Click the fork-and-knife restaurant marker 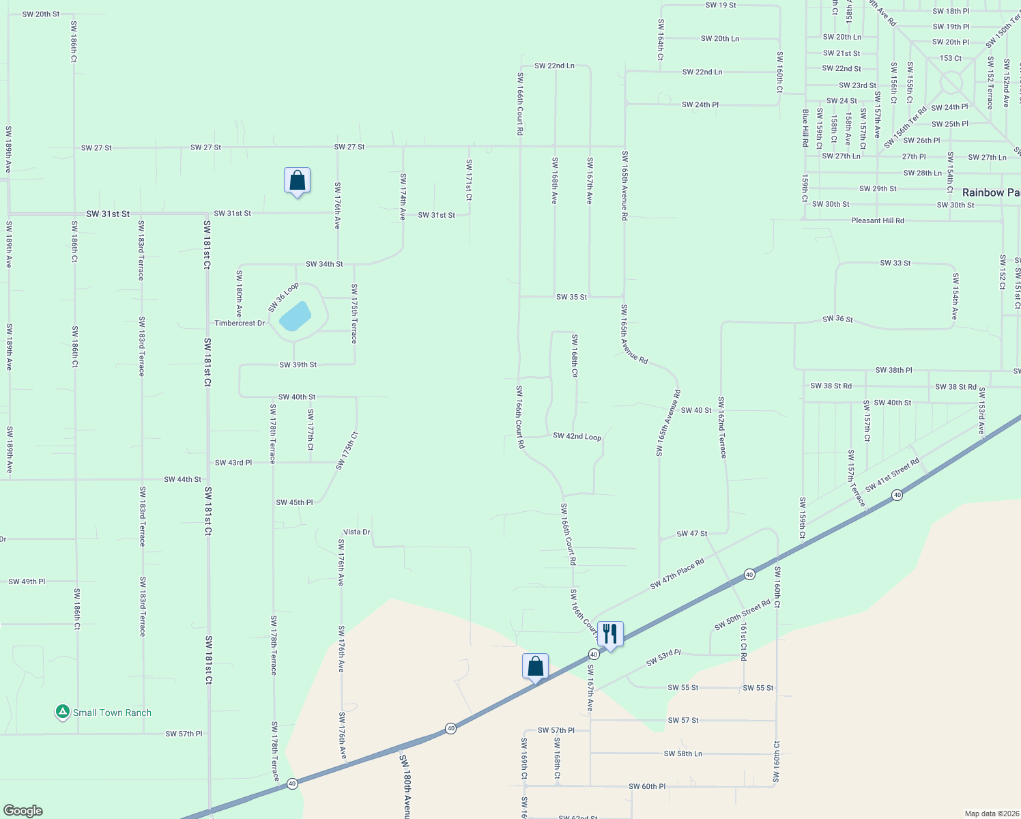(610, 634)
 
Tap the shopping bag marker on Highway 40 (535, 666)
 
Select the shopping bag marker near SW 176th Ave (297, 181)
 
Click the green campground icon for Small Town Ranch (62, 712)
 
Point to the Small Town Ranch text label (113, 713)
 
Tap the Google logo (23, 810)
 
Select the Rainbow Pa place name (991, 192)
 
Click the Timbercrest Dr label (240, 323)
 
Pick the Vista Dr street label (356, 532)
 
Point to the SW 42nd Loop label (577, 436)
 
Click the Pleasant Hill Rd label (878, 220)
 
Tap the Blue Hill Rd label (805, 128)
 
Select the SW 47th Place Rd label (677, 575)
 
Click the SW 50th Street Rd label (743, 615)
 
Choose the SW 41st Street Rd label (893, 476)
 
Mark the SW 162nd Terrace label (721, 427)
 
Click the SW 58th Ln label (683, 753)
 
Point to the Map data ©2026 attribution (990, 814)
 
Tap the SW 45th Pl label (294, 502)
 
